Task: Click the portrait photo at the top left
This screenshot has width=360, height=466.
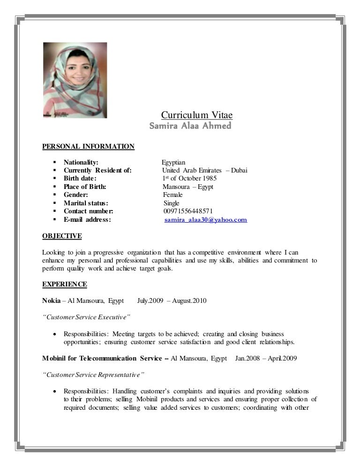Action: coord(75,80)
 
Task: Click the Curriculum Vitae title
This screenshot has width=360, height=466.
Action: coord(197,115)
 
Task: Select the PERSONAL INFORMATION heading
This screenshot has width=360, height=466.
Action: coord(88,147)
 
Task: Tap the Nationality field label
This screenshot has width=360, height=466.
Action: coord(81,162)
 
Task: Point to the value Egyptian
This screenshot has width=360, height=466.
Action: coord(173,162)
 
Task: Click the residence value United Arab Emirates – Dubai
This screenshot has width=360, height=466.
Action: coord(205,170)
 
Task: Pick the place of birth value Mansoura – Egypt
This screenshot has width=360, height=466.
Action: coord(188,187)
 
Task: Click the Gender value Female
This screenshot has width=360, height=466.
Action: coord(173,195)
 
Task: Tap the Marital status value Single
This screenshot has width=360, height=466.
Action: coord(172,203)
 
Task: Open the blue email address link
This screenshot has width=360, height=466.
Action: coord(206,219)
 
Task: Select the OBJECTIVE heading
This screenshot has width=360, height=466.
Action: coord(62,236)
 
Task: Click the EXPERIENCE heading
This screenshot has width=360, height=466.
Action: coord(65,284)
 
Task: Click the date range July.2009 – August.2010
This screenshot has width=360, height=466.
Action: coord(172,301)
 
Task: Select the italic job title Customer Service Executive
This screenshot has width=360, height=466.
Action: coord(86,317)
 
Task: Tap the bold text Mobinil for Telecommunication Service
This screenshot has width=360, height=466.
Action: coord(103,358)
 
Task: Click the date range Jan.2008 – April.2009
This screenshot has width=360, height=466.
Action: coord(265,358)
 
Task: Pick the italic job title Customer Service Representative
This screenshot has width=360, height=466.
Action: coord(93,375)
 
